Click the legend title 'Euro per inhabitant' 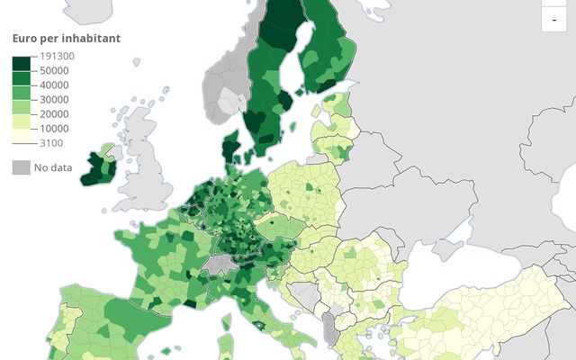coord(66,38)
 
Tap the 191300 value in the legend coord(57,56)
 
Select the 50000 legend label coord(53,70)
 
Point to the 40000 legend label coord(53,85)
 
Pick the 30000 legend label coord(53,99)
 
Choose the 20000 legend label coord(53,113)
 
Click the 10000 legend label coord(53,128)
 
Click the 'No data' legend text coord(53,166)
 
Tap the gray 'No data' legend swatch coord(20,166)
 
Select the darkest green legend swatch coord(21,63)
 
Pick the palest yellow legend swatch coord(21,135)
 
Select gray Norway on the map coord(225,90)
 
